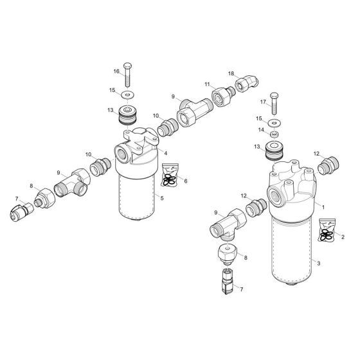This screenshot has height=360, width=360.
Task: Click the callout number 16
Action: tap(117, 71)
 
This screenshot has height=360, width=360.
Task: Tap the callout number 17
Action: tap(262, 102)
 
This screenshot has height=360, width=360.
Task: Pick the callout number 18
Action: tap(231, 73)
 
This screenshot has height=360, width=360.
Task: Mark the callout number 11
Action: tap(208, 84)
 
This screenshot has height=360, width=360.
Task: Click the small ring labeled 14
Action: tap(273, 134)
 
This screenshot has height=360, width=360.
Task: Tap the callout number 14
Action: tap(260, 130)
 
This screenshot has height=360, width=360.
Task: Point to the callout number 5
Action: tap(162, 198)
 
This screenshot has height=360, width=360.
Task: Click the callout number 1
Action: tap(323, 206)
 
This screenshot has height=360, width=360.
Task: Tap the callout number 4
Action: tap(165, 153)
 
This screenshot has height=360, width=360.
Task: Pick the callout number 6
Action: tap(186, 183)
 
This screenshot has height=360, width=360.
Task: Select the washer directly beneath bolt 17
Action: tap(275, 122)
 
